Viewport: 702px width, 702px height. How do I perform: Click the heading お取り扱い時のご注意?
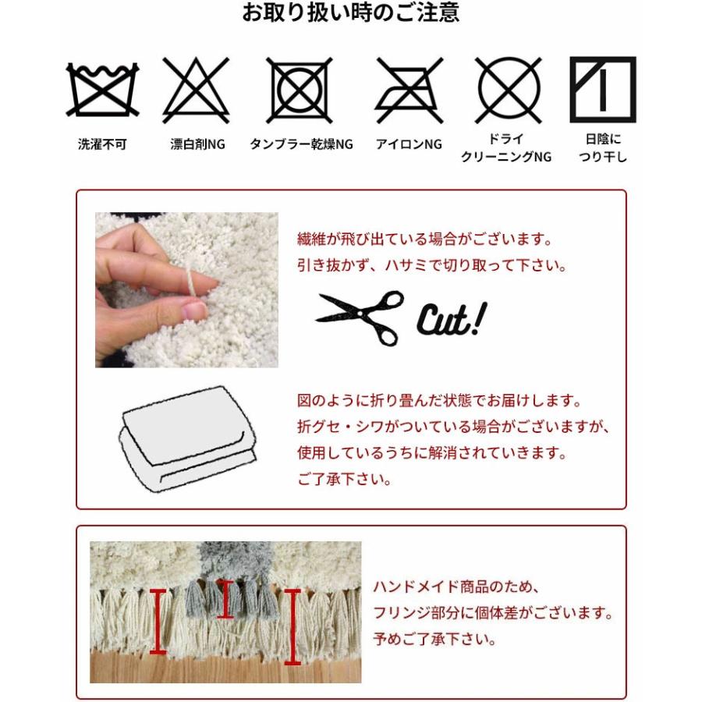click(x=350, y=13)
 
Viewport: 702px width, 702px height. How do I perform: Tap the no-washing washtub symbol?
click(x=102, y=90)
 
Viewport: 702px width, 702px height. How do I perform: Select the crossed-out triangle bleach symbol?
click(x=196, y=90)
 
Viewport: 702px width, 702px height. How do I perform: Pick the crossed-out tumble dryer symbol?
click(x=300, y=90)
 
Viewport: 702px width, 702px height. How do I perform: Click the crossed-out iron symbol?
click(x=409, y=90)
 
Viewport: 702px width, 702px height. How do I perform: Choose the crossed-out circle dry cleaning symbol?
click(x=509, y=90)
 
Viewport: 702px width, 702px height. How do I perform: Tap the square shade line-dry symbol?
click(x=602, y=90)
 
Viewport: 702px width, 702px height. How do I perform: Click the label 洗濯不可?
click(x=102, y=144)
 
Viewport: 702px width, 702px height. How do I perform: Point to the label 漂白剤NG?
click(x=197, y=144)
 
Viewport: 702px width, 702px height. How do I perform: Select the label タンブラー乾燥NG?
click(x=301, y=144)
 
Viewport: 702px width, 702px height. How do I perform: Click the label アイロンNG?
click(x=409, y=144)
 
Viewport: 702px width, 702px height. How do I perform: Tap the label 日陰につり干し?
click(x=603, y=148)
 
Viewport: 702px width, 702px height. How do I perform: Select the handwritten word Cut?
click(x=451, y=318)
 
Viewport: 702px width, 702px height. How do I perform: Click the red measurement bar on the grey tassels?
click(x=225, y=599)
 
